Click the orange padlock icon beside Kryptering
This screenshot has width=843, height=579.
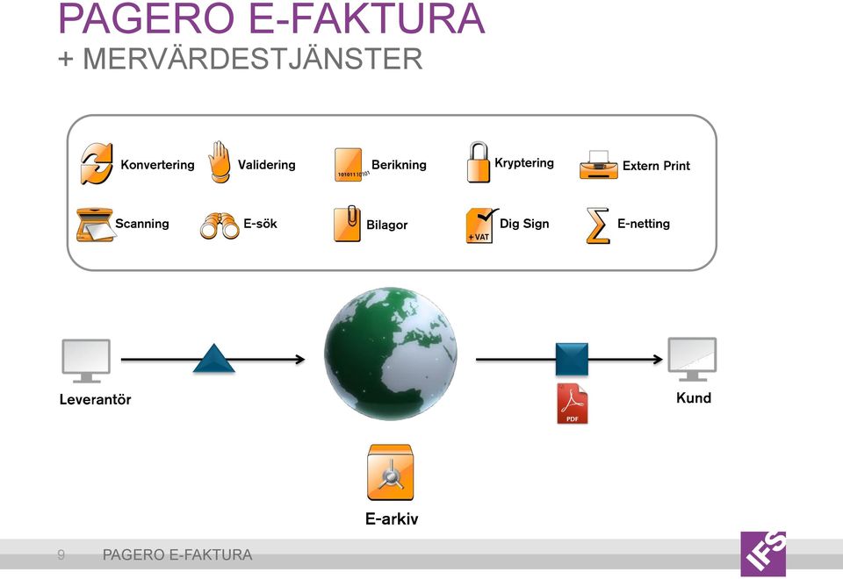[478, 162]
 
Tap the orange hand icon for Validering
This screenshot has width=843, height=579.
[219, 162]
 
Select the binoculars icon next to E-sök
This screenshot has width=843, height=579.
[220, 225]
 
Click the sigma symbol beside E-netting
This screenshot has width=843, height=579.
[598, 225]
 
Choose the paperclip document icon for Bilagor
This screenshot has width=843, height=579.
[348, 224]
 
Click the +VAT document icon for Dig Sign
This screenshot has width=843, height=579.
[481, 225]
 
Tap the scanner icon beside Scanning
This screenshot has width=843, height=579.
[95, 225]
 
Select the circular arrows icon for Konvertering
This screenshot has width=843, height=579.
[97, 164]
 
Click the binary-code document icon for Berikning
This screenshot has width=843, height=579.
[350, 164]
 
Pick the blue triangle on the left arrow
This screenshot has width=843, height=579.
[214, 358]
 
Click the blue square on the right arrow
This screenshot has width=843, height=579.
[572, 359]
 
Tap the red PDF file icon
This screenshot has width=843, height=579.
[572, 404]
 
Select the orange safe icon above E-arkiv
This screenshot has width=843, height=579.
[390, 473]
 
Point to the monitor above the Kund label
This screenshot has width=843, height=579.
[692, 359]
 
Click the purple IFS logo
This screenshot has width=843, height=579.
[763, 554]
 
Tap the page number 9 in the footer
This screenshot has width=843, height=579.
[61, 554]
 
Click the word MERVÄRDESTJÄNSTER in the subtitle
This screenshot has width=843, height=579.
[253, 59]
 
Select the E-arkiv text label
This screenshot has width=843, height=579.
[392, 518]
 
